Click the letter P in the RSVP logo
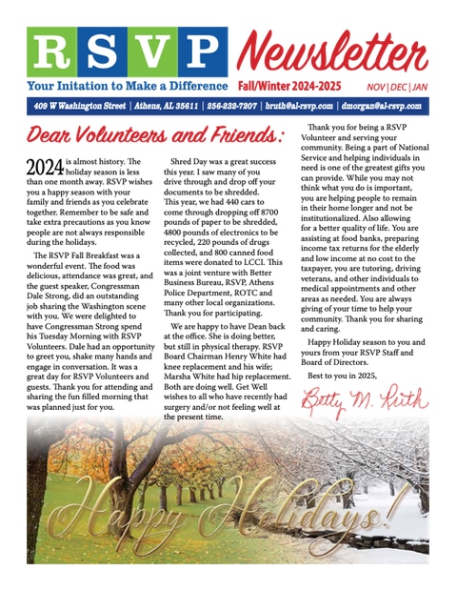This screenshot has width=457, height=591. (200, 52)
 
